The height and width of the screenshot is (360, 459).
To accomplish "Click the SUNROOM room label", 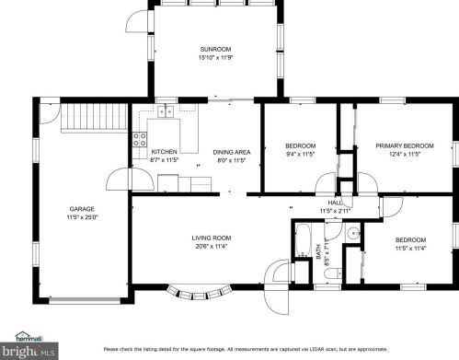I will (x=217, y=48).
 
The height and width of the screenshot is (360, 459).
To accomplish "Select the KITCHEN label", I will (x=165, y=152).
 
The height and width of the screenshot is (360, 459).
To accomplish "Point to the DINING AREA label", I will (x=231, y=152).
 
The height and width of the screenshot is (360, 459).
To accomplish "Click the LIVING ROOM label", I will (x=210, y=238).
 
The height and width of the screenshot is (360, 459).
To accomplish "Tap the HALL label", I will (x=335, y=203).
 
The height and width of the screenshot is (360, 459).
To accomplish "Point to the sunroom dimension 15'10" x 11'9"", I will (x=217, y=57).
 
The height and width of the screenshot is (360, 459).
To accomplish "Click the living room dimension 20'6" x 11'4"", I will (x=210, y=246).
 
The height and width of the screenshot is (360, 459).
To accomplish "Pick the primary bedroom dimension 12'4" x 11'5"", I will (x=405, y=155).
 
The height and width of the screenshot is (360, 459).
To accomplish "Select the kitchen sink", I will (x=166, y=112).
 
